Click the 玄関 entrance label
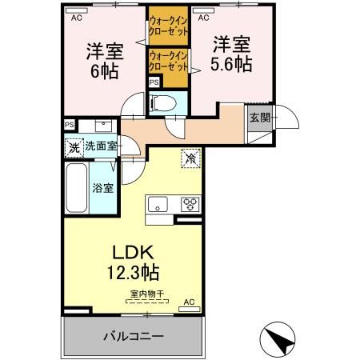[x=259, y=118]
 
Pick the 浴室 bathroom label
[x=102, y=189]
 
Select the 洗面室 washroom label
[x=102, y=148]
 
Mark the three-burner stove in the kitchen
[x=190, y=202]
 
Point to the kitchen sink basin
[x=155, y=202]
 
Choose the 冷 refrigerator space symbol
[x=191, y=158]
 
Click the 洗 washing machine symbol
[x=74, y=148]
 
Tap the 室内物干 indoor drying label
[x=147, y=295]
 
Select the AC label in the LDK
[x=189, y=302]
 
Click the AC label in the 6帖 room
[x=77, y=17]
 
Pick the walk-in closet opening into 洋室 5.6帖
[x=168, y=60]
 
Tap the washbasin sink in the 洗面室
[x=102, y=125]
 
